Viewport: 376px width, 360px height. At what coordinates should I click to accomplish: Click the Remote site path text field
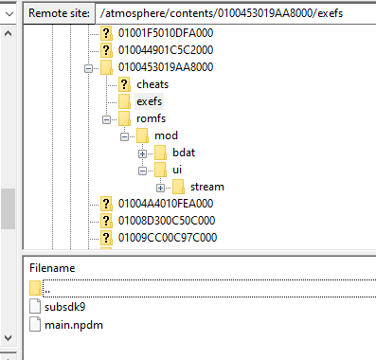click(235, 13)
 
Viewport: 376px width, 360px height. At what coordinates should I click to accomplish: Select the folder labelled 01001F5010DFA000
click(166, 33)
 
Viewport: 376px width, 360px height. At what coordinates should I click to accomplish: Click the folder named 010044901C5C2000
click(166, 50)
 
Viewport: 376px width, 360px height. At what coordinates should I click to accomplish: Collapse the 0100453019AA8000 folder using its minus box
click(88, 68)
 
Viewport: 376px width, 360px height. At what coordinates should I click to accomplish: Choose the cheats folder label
click(152, 84)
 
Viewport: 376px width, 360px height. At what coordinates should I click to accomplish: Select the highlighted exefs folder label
click(149, 101)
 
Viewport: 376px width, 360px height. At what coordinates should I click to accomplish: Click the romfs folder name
click(151, 118)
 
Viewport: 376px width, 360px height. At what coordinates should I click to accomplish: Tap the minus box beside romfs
click(107, 119)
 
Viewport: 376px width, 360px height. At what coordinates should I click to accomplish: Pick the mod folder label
click(166, 135)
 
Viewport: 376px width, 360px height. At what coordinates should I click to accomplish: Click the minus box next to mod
click(125, 136)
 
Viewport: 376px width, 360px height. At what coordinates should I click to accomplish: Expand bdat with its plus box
click(143, 153)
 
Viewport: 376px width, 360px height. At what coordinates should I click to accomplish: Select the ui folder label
click(177, 170)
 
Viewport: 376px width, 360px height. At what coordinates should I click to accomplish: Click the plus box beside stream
click(161, 188)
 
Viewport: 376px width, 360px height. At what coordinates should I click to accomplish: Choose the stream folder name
click(207, 187)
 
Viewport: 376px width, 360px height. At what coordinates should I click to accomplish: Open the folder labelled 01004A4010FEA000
click(166, 204)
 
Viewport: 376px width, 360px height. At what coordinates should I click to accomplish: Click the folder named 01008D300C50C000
click(167, 221)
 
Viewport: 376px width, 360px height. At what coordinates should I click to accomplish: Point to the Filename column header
click(52, 268)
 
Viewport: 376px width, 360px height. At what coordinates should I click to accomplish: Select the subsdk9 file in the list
click(64, 307)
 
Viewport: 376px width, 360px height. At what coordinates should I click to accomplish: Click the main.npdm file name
click(74, 325)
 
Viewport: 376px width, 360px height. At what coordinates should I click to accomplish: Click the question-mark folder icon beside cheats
click(124, 84)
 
